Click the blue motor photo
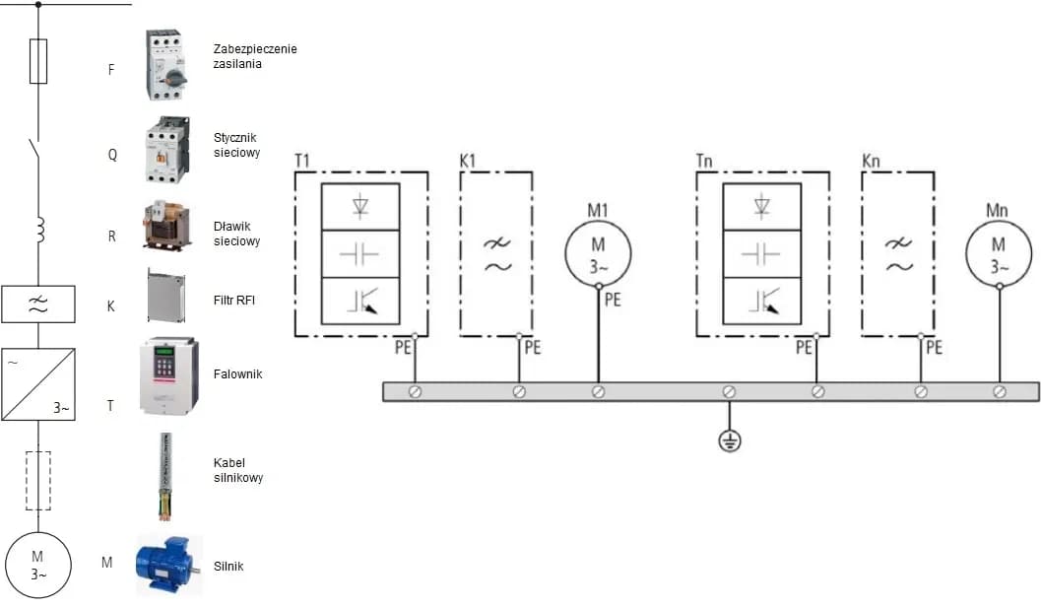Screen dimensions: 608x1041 click(168, 566)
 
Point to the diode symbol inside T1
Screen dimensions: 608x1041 click(360, 206)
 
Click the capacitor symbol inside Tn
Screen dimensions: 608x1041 click(760, 253)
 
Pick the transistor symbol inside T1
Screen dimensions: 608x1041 click(360, 301)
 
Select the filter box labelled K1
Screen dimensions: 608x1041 click(496, 254)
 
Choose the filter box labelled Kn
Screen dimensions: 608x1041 click(896, 254)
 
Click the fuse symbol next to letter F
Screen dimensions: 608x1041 click(38, 61)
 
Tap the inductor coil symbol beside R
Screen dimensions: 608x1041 click(39, 231)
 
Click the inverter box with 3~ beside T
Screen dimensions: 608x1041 click(38, 384)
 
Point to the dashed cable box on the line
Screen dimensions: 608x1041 click(38, 480)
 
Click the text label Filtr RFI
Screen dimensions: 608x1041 click(234, 300)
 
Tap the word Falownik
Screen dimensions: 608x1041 click(238, 374)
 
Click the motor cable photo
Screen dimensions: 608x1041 click(165, 476)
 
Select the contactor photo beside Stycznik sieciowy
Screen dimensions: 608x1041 click(166, 151)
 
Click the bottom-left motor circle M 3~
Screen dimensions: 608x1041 click(38, 566)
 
